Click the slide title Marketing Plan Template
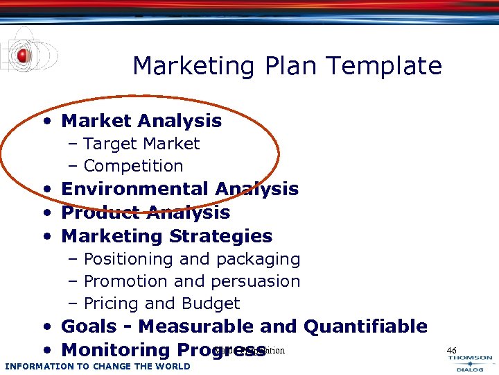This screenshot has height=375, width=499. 287,66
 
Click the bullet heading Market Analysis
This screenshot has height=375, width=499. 141,121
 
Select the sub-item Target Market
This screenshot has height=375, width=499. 141,144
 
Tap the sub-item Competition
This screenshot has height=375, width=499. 133,166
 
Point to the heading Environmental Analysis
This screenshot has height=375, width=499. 180,189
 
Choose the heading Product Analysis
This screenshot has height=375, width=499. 146,212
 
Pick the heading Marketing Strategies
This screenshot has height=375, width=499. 167,236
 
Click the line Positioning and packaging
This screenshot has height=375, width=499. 191,259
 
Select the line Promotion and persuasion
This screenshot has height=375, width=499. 191,281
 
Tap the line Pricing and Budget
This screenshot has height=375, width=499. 161,303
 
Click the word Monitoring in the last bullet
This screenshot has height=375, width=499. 116,350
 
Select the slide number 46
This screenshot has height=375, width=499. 452,350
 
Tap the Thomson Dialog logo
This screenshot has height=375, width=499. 471,364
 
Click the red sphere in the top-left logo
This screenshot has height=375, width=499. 24,56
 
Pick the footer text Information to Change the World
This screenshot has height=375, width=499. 97,366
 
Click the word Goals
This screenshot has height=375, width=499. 87,326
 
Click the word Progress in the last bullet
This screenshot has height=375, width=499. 221,350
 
